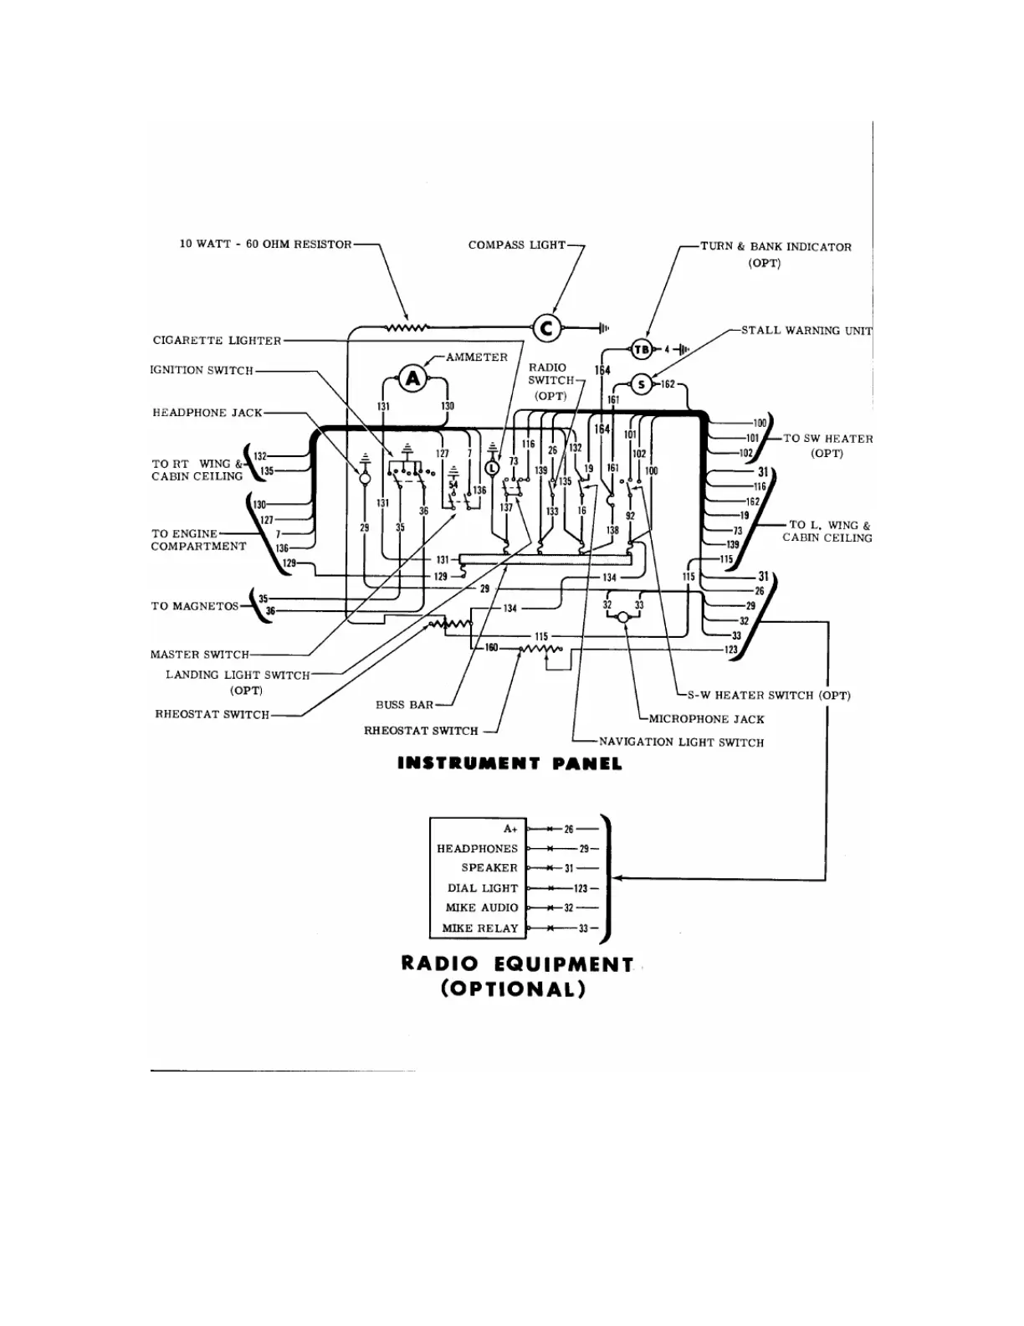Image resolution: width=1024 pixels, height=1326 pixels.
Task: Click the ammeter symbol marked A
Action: point(412,379)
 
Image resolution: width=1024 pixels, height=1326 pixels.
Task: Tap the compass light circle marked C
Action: point(547,328)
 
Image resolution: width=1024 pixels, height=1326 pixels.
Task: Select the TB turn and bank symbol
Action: point(641,350)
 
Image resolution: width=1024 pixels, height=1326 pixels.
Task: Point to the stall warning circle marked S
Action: point(642,385)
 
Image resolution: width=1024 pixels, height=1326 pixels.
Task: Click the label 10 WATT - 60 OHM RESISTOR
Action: point(266,244)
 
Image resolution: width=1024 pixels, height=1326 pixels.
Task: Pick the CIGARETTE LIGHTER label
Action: point(217,341)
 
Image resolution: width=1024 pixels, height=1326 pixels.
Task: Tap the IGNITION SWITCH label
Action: point(202,370)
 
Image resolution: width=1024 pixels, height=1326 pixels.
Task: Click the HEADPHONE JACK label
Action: point(207,413)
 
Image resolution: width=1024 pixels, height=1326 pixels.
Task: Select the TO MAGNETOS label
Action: point(195,606)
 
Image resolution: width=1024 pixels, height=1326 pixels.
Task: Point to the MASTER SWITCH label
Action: point(200,655)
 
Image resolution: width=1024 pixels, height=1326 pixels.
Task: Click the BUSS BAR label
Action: point(404,705)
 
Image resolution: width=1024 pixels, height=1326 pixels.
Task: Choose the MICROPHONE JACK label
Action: point(706,719)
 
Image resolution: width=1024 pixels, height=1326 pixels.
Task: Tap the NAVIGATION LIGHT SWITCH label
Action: point(681,742)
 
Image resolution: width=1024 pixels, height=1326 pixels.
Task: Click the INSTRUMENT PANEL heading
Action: point(509,763)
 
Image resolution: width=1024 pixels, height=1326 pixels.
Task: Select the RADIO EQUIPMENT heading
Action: point(517,964)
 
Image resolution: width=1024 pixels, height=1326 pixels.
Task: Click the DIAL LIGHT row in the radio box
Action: point(483,888)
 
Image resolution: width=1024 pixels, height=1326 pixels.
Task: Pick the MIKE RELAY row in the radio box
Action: point(480,928)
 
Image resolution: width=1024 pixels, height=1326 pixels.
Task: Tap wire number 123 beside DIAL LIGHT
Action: point(581,888)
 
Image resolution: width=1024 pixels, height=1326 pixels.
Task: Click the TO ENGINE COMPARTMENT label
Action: point(198,540)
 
